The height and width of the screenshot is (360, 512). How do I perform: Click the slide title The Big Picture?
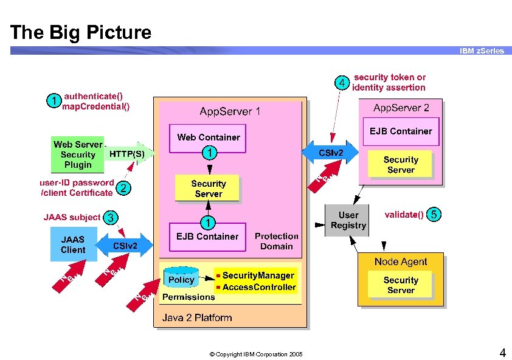click(81, 32)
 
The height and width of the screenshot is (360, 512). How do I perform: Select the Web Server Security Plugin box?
click(77, 154)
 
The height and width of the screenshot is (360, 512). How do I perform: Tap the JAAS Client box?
click(73, 244)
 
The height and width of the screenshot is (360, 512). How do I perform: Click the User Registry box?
click(348, 220)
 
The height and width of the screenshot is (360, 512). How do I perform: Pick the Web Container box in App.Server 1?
click(208, 137)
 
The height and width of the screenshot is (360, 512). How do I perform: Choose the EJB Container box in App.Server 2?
click(401, 131)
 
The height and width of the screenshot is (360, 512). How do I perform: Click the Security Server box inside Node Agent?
click(401, 285)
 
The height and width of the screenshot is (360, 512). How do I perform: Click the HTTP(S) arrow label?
click(127, 154)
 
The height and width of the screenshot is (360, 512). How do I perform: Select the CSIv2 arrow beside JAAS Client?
click(125, 246)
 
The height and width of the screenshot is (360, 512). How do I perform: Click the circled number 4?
click(342, 82)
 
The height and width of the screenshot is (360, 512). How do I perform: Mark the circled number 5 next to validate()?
click(434, 215)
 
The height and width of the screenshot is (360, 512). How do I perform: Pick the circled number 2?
click(123, 189)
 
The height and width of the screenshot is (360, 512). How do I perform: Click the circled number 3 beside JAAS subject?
click(110, 217)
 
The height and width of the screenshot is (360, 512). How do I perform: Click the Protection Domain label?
click(276, 241)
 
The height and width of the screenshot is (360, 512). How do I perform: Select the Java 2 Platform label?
click(197, 317)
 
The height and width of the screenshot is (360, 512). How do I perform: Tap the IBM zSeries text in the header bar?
click(482, 51)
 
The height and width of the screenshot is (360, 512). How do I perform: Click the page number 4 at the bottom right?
click(502, 353)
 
